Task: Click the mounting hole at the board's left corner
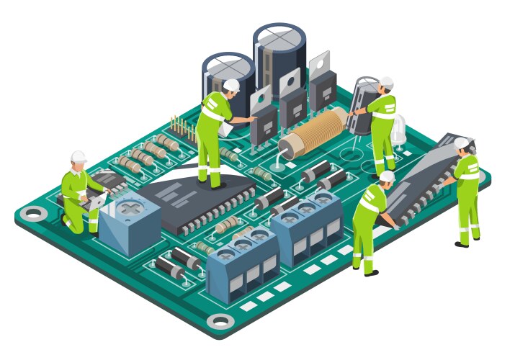[x=32, y=213]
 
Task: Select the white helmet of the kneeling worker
[x=79, y=156]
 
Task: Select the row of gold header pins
[x=183, y=127]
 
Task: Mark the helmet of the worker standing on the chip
[x=231, y=85]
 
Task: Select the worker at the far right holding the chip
[x=465, y=191]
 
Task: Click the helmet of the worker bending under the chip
[x=387, y=176]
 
